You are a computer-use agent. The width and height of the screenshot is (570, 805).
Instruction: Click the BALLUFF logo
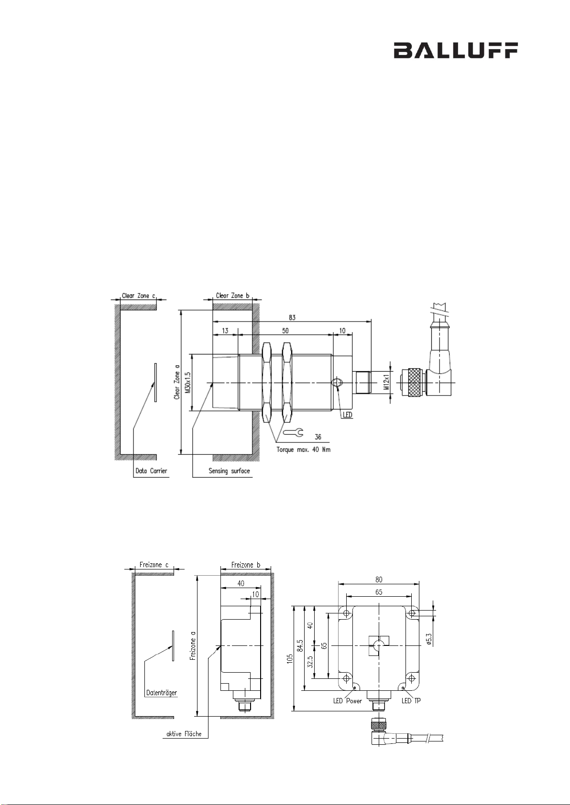[x=456, y=50]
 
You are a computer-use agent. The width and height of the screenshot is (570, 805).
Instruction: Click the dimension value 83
[x=292, y=317]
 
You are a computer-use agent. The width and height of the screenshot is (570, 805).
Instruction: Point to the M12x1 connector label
[x=386, y=382]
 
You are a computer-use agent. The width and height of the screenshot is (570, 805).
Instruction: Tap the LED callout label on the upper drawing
[x=347, y=415]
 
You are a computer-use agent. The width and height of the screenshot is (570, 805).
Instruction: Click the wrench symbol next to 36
[x=293, y=432]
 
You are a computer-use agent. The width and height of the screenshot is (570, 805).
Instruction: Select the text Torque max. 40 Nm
[x=303, y=450]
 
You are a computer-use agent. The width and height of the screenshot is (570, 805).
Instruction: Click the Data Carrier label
[x=152, y=471]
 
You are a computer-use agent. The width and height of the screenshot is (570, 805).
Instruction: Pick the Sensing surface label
[x=229, y=471]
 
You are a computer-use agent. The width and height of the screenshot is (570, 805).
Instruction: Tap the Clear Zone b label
[x=232, y=295]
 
